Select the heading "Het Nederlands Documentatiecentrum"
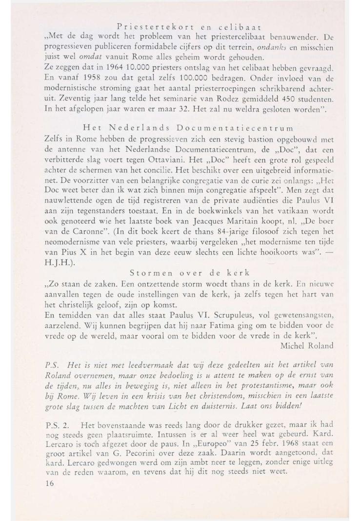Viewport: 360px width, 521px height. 188,128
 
